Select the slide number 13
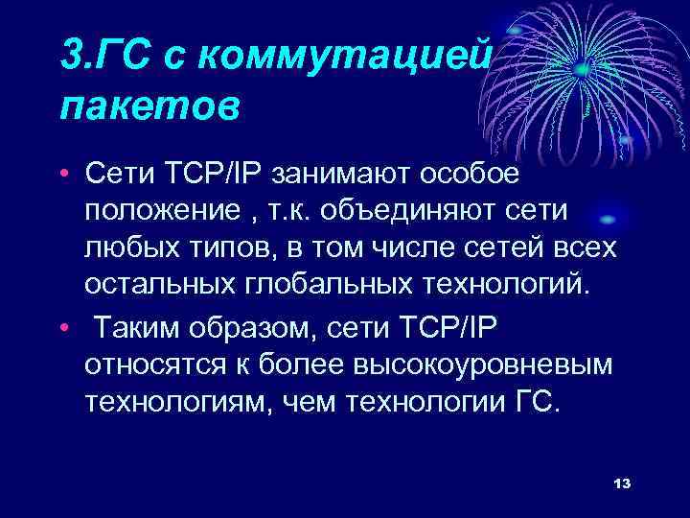pyautogui.click(x=621, y=482)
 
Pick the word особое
pyautogui.click(x=469, y=176)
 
